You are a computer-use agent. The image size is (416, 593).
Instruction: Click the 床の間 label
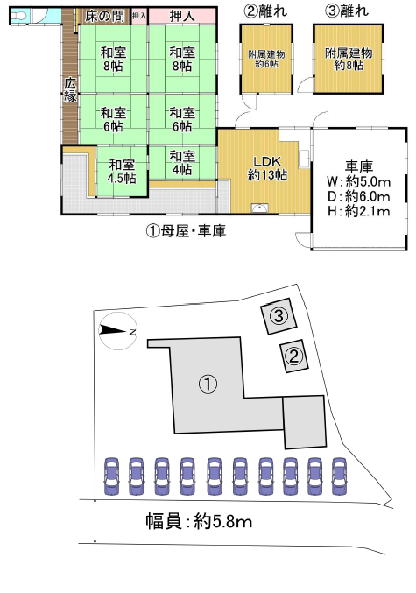click(104, 17)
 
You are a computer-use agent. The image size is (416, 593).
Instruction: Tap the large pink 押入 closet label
click(182, 17)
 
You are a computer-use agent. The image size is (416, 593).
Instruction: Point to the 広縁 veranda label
click(70, 89)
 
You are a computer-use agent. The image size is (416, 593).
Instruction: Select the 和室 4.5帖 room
click(122, 172)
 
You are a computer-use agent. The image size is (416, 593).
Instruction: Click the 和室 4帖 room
click(182, 163)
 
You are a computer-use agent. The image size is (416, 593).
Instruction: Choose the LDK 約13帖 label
click(267, 168)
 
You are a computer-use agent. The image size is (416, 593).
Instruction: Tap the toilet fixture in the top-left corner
click(18, 16)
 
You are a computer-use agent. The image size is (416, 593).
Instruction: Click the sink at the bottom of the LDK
click(259, 208)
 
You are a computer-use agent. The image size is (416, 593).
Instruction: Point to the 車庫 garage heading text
click(358, 166)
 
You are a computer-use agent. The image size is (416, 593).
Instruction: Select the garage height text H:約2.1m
click(358, 211)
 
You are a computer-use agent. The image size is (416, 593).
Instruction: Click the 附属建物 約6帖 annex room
click(266, 59)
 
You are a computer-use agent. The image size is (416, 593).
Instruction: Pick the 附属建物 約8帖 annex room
click(349, 59)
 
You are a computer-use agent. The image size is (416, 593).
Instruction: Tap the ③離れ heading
click(347, 11)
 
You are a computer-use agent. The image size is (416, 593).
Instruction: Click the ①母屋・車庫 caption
click(186, 230)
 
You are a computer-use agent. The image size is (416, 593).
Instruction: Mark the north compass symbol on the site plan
click(118, 331)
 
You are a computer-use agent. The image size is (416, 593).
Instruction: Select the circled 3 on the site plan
click(279, 315)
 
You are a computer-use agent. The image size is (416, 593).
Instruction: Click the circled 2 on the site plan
click(294, 356)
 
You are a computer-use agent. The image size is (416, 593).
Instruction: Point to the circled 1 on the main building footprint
click(208, 385)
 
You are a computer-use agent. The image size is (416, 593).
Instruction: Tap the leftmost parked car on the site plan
click(111, 477)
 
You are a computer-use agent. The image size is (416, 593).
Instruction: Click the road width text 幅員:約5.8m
click(199, 522)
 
